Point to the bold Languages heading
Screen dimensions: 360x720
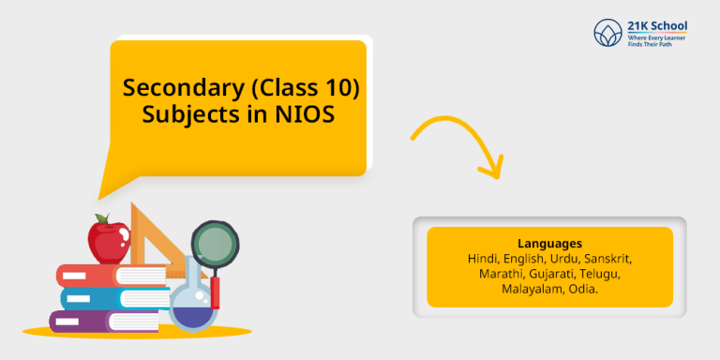(x=549, y=242)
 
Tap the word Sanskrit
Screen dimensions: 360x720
(x=610, y=257)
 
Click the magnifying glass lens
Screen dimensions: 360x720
(x=213, y=245)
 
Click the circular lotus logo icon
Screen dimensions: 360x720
(x=608, y=33)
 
